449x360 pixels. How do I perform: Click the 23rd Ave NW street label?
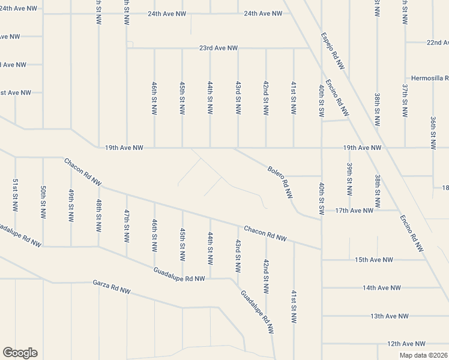pyautogui.click(x=218, y=48)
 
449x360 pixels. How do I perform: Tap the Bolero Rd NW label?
pyautogui.click(x=280, y=182)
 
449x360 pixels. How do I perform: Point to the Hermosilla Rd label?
pyautogui.click(x=430, y=78)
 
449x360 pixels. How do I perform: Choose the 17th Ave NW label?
pyautogui.click(x=354, y=211)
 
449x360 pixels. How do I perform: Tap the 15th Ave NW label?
pyautogui.click(x=373, y=260)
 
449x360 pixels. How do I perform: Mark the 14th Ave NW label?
pyautogui.click(x=381, y=288)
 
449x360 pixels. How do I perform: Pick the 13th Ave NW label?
pyautogui.click(x=389, y=316)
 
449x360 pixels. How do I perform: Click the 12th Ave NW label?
pyautogui.click(x=406, y=344)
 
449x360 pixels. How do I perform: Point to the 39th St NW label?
pyautogui.click(x=349, y=179)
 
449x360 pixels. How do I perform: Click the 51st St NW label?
pyautogui.click(x=15, y=194)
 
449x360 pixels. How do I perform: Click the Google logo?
pyautogui.click(x=20, y=353)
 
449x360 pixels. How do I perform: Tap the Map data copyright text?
pyautogui.click(x=424, y=355)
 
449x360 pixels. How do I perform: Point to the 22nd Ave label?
pyautogui.click(x=438, y=43)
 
